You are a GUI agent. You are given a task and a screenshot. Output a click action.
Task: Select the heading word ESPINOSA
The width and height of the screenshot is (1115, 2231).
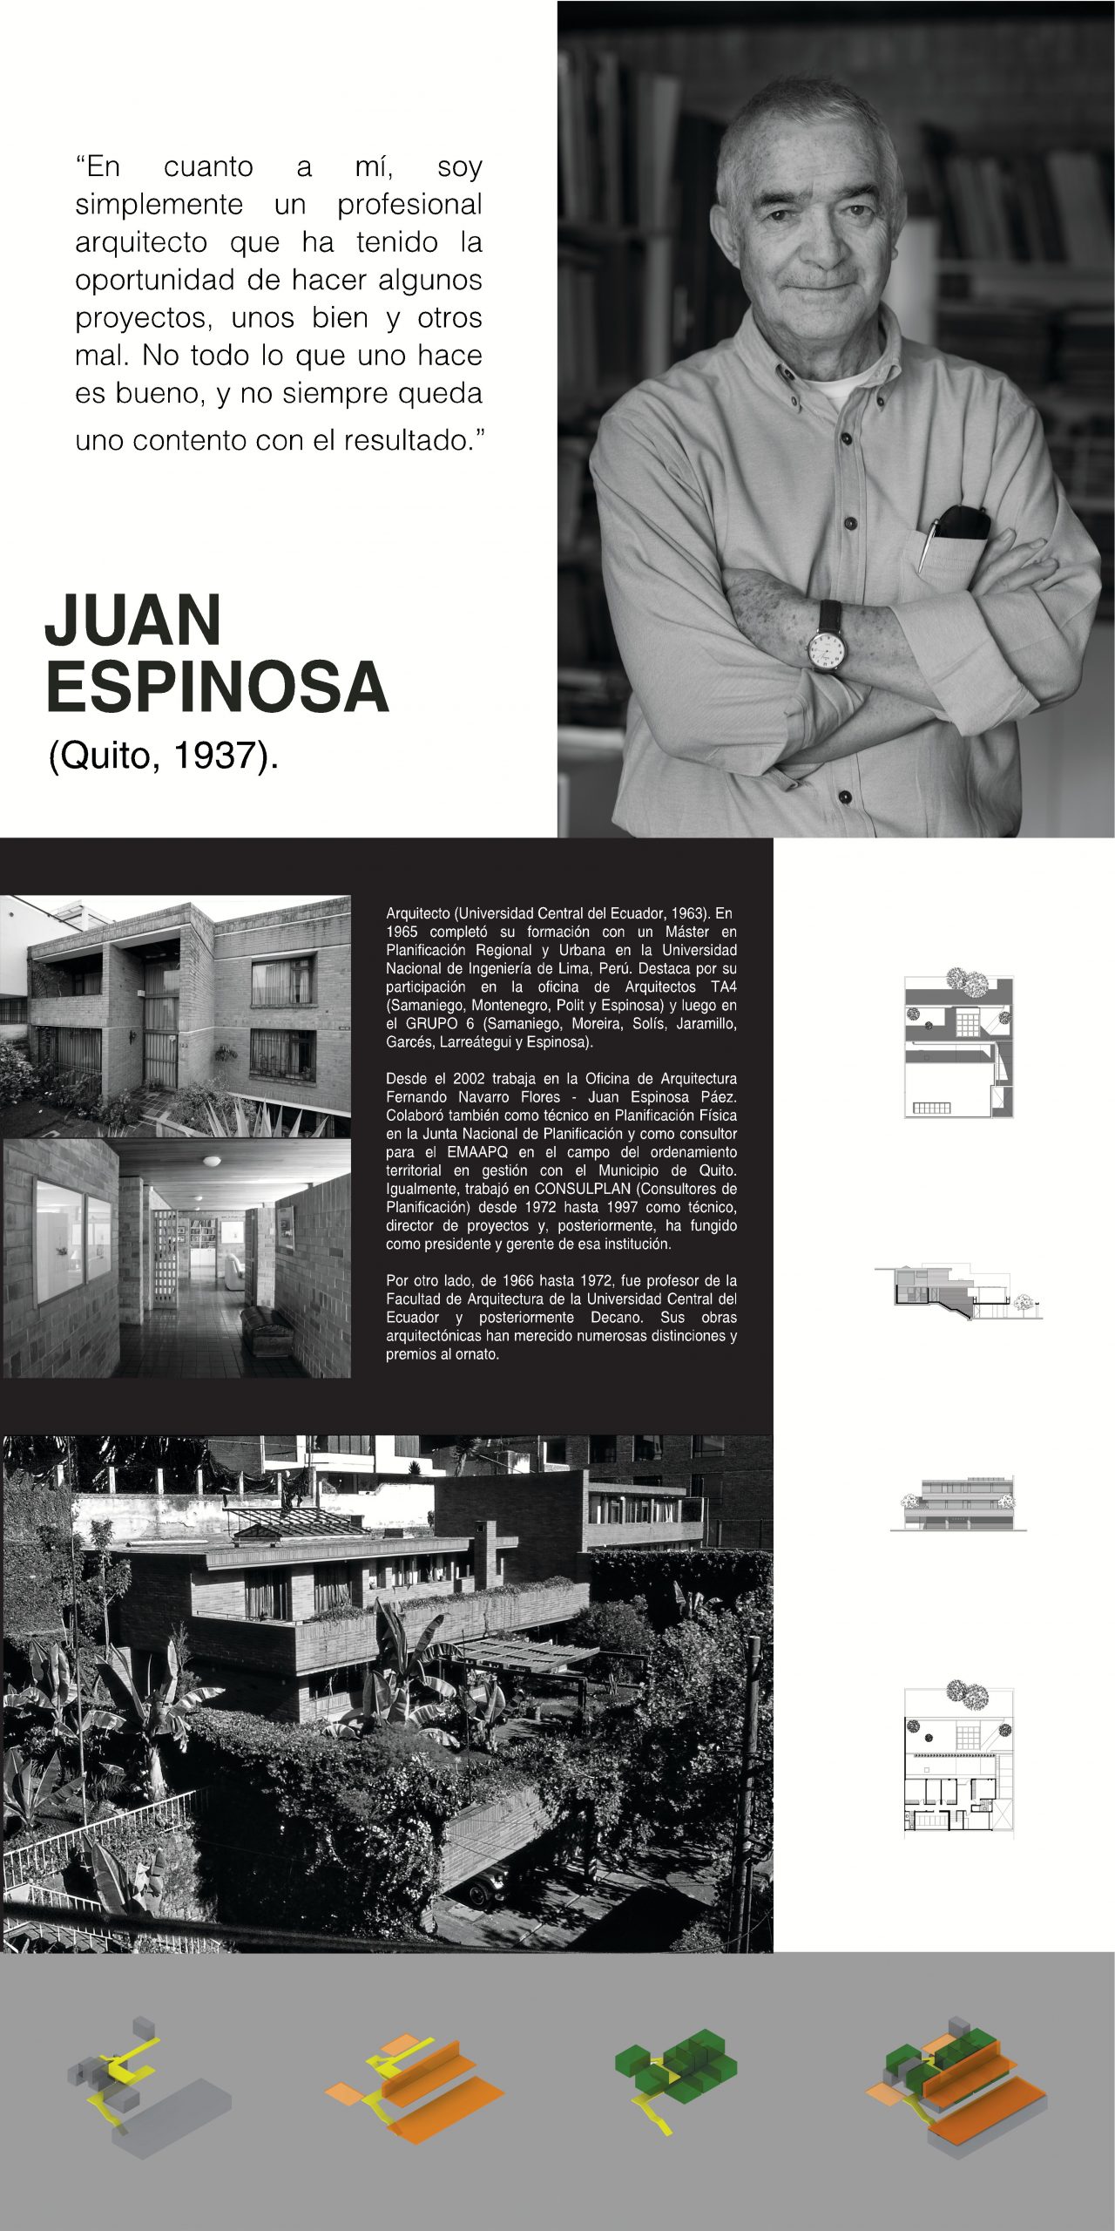pyautogui.click(x=217, y=688)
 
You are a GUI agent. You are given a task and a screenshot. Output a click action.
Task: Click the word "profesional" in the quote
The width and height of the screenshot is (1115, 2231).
pyautogui.click(x=409, y=205)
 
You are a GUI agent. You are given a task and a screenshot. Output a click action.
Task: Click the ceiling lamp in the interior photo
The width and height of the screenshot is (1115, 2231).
pyautogui.click(x=213, y=1161)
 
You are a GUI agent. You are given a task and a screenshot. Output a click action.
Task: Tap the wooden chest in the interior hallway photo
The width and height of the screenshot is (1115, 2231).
pyautogui.click(x=260, y=1324)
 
